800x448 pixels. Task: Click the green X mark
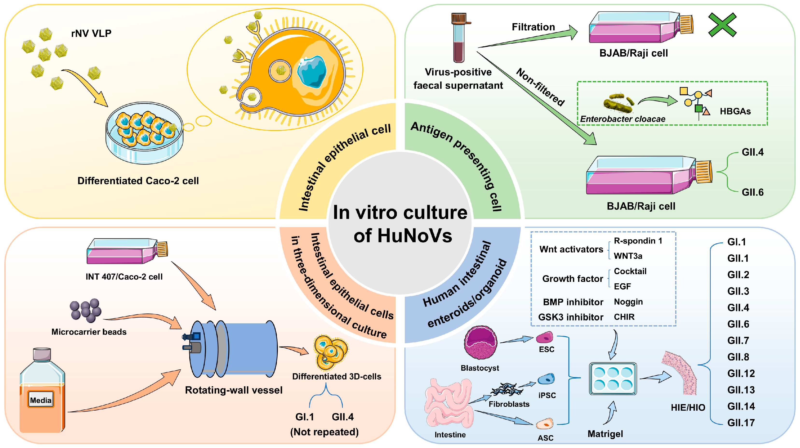pos(722,25)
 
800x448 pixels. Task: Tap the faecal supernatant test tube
pos(459,39)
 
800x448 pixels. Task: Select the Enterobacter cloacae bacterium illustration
pos(618,103)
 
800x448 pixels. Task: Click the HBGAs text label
pos(735,111)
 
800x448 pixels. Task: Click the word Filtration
pos(533,27)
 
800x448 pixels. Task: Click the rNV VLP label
pos(91,33)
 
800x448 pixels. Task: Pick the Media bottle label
pos(41,400)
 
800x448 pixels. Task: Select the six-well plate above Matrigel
pos(612,379)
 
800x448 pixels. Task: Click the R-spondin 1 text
pos(638,241)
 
